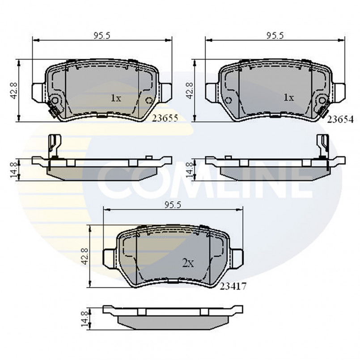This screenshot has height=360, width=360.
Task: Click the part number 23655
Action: pyautogui.click(x=165, y=118)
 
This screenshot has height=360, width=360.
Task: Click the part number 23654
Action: pyautogui.click(x=340, y=119)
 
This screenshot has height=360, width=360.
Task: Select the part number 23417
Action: pyautogui.click(x=233, y=286)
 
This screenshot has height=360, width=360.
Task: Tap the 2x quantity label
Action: pyautogui.click(x=188, y=264)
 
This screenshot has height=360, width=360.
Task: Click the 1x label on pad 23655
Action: pyautogui.click(x=116, y=98)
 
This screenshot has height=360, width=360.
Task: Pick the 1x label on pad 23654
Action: pyautogui.click(x=288, y=98)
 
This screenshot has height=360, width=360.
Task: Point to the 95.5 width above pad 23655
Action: pyautogui.click(x=102, y=36)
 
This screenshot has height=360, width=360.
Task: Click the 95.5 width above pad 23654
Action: pyautogui.click(x=275, y=36)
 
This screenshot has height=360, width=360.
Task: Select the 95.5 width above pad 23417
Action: pyautogui.click(x=173, y=205)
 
